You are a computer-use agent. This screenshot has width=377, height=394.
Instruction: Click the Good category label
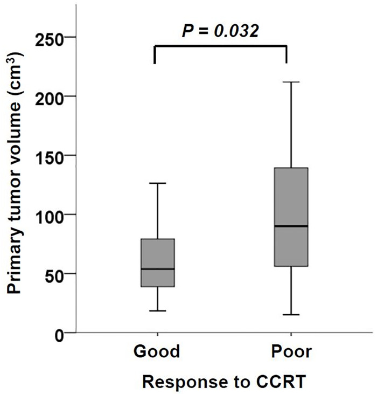157,352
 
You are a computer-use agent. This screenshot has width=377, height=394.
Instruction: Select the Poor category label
290,352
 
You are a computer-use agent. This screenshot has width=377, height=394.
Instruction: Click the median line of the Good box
157,268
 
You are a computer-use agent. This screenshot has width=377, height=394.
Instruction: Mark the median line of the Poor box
290,226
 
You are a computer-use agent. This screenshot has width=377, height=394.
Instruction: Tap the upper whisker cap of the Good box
157,183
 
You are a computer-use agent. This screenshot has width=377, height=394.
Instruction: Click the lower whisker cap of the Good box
157,310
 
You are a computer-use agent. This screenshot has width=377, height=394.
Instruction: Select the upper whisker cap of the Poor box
290,82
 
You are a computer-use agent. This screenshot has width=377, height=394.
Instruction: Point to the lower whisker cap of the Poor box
290,314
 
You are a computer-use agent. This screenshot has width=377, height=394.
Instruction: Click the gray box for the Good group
157,253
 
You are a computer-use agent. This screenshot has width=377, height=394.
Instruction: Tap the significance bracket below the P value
220,47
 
